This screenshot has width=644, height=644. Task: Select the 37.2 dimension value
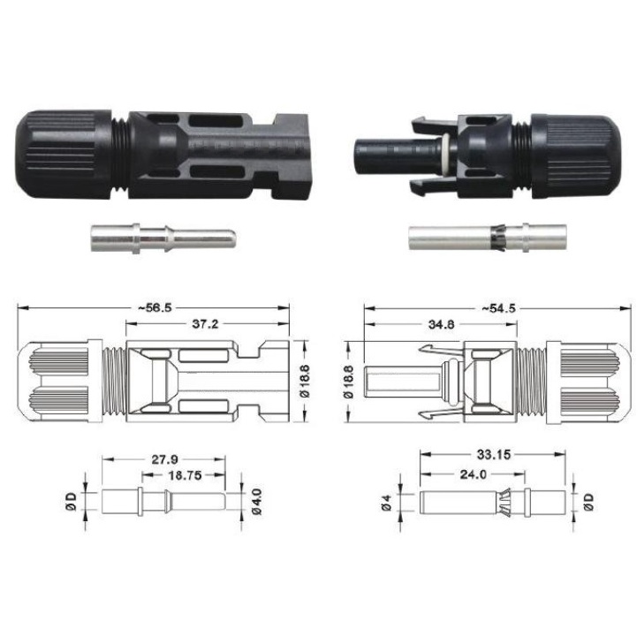pyautogui.click(x=205, y=324)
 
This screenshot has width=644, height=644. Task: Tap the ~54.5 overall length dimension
pyautogui.click(x=498, y=308)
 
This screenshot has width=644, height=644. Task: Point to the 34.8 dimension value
pyautogui.click(x=441, y=324)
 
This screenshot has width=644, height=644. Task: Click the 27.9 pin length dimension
pyautogui.click(x=164, y=459)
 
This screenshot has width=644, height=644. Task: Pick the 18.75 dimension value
pyautogui.click(x=185, y=475)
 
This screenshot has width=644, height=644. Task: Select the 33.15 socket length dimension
pyautogui.click(x=493, y=455)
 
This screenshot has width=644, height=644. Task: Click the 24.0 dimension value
pyautogui.click(x=473, y=474)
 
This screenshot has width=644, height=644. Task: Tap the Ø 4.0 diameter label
pyautogui.click(x=257, y=501)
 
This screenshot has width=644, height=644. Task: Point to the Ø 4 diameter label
pyautogui.click(x=386, y=503)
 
